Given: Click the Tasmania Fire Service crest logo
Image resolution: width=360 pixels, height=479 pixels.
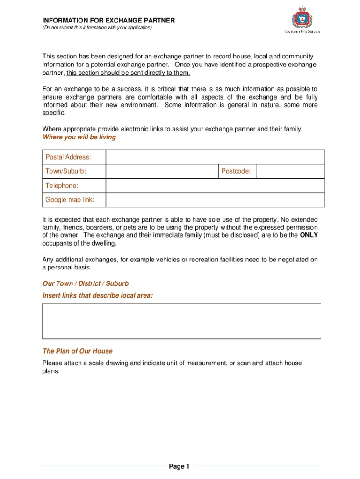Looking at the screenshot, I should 302,19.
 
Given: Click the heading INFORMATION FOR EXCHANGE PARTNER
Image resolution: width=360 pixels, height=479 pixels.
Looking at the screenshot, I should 108,20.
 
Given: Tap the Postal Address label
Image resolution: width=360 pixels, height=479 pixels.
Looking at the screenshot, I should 68,157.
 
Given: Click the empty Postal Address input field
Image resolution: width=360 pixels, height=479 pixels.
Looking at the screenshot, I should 215,157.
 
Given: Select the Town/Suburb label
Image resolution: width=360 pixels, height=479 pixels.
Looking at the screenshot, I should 65,172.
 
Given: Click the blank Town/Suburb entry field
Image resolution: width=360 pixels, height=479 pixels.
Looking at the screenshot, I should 162,172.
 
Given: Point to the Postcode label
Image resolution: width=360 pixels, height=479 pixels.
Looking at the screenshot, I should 236,172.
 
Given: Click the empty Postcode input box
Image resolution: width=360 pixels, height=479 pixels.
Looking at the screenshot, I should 290,172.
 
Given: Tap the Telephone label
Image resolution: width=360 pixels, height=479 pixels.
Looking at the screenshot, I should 62,186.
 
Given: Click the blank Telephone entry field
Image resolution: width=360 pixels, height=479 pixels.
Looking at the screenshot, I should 215,186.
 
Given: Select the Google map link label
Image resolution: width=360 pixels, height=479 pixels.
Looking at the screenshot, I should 70,200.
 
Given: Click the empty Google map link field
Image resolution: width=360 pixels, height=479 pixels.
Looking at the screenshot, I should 215,200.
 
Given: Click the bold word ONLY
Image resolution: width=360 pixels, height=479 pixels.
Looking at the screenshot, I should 309,235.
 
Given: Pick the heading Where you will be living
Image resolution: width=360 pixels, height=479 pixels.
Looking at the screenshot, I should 79,138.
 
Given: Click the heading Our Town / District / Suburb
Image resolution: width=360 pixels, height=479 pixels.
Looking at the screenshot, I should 85,284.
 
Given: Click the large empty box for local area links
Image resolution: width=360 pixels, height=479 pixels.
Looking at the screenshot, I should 181,321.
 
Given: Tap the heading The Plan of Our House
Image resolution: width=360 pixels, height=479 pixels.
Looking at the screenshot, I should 77,351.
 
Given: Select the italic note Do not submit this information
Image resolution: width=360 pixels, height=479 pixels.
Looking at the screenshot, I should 97,28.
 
